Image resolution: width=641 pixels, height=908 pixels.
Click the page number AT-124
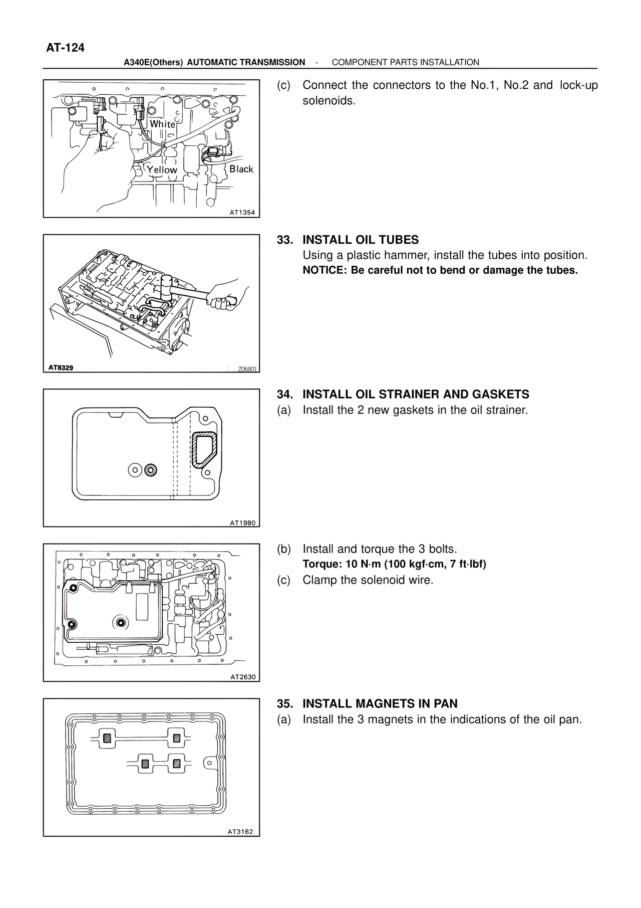66,48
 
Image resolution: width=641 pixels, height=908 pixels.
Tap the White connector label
163,124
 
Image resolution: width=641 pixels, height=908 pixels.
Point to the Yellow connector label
162,170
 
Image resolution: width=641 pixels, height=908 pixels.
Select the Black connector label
241,169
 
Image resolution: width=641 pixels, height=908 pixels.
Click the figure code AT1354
242,213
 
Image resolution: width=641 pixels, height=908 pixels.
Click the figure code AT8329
61,368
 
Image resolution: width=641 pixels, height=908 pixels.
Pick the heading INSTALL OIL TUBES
361,240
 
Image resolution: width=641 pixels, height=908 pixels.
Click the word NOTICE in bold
320,271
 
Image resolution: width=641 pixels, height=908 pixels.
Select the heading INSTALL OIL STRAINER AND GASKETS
416,395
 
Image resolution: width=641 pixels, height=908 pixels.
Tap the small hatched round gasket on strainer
151,470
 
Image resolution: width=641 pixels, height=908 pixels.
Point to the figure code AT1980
243,523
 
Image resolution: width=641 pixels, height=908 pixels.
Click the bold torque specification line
395,565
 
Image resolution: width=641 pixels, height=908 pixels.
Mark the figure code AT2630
243,677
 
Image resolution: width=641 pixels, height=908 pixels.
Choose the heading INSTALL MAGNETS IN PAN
380,704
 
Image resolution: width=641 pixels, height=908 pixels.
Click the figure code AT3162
240,832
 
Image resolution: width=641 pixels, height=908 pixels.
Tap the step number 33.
284,240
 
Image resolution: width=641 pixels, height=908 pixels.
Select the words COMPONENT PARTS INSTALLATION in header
406,62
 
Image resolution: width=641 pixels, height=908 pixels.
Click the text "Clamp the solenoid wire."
368,581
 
